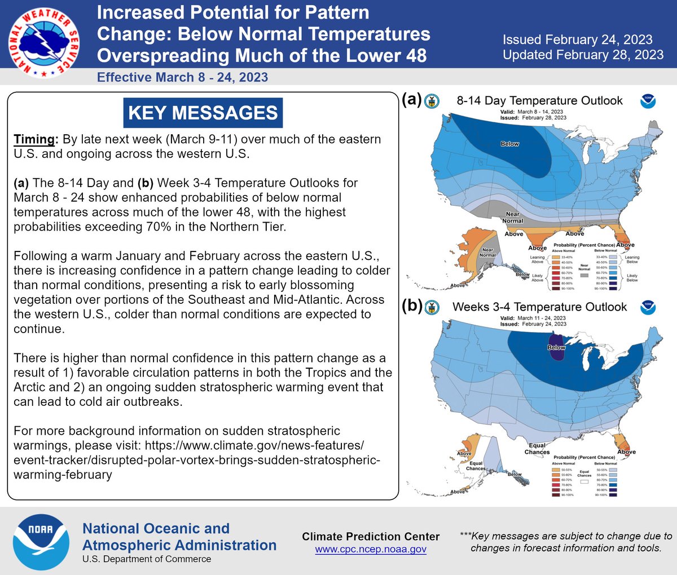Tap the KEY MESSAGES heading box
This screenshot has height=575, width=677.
203,113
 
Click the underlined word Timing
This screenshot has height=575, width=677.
35,139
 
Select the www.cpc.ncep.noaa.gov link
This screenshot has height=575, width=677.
371,549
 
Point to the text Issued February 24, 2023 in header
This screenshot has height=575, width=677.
577,39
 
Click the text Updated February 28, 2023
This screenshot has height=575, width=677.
583,55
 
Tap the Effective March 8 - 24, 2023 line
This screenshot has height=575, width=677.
182,77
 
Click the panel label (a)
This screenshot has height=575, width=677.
412,99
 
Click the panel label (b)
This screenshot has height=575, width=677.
412,306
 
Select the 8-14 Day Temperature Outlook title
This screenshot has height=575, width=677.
539,101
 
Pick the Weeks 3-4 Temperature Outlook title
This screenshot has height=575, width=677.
539,307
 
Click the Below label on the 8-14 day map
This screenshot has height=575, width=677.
509,144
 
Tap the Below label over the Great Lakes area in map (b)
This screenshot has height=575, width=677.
556,348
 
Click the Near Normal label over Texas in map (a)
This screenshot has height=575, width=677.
512,218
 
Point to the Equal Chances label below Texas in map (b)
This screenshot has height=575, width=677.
537,449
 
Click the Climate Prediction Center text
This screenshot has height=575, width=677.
371,537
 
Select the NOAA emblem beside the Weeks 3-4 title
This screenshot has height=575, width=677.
647,307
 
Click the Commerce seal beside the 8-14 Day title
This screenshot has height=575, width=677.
432,101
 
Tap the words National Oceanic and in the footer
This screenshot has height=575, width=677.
156,529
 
